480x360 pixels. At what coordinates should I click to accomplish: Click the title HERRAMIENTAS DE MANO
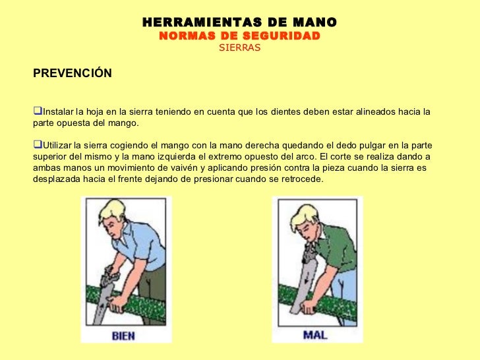(x=239, y=22)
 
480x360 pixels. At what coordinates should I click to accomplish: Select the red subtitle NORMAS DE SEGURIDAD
(x=239, y=36)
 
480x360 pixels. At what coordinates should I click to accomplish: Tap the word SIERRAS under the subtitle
(x=240, y=47)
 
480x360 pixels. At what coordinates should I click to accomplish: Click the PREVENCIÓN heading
(x=73, y=73)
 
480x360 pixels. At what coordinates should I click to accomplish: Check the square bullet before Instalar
(x=38, y=111)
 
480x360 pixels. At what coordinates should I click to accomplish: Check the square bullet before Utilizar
(x=38, y=144)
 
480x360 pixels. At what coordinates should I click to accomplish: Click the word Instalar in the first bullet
(x=59, y=111)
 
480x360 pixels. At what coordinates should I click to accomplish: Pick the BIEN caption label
(x=123, y=336)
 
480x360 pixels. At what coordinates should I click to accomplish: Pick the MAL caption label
(x=315, y=335)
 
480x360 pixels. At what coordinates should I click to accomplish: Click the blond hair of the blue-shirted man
(x=113, y=210)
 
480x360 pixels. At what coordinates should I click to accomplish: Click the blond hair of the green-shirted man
(x=304, y=216)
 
